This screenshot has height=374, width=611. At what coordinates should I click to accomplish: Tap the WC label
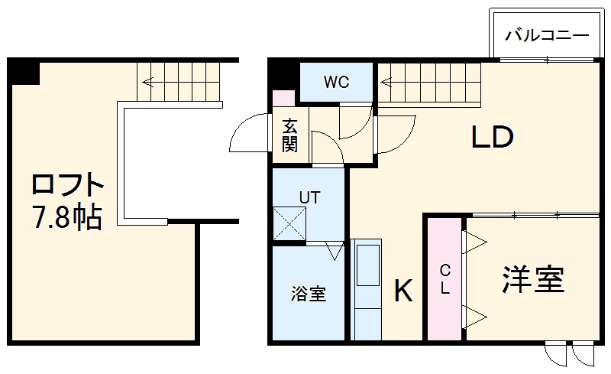tap(335, 82)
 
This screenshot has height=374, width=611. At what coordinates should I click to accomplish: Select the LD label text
tap(492, 138)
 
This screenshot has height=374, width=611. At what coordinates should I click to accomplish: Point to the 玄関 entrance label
tap(289, 135)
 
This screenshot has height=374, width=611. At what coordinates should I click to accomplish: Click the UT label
tap(309, 197)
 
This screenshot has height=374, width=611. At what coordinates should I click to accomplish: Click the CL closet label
tap(445, 279)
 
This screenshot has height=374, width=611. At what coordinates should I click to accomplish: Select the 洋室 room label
tap(533, 280)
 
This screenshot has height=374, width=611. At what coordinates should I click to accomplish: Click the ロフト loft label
tap(67, 186)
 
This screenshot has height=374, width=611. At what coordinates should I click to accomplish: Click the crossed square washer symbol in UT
tap(289, 224)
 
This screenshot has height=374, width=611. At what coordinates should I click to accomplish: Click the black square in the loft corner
tap(24, 71)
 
